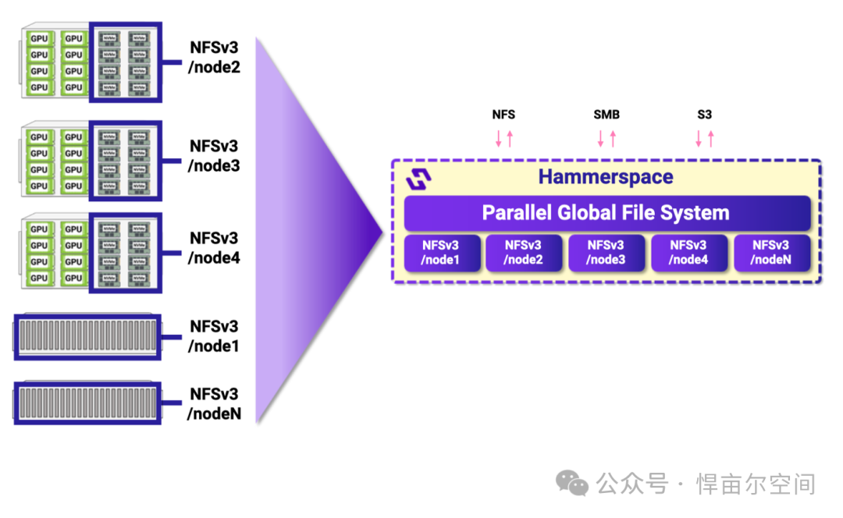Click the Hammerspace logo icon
click(x=419, y=179)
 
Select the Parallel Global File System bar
click(x=606, y=213)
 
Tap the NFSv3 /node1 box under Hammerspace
click(x=441, y=252)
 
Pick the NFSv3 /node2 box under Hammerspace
click(x=524, y=252)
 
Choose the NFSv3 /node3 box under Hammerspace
click(x=606, y=252)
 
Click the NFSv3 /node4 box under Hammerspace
click(x=689, y=252)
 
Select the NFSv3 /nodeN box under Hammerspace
click(x=772, y=252)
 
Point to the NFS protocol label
click(x=503, y=115)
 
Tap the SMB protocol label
click(x=606, y=115)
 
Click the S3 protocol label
click(x=704, y=115)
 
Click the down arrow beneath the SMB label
click(x=601, y=140)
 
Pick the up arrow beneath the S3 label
click(x=711, y=139)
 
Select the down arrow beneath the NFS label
click(x=498, y=140)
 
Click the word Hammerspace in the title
click(x=606, y=177)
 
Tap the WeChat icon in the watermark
click(x=573, y=484)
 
